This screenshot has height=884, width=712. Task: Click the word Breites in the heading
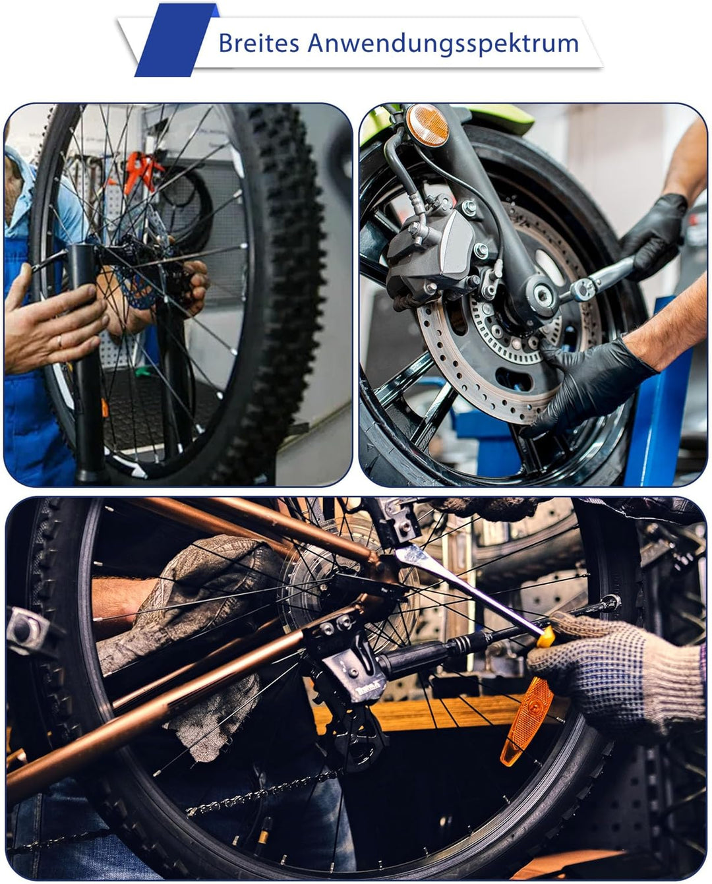[259, 43]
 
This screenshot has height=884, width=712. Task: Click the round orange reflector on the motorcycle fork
[427, 125]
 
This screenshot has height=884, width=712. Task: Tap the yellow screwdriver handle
[547, 636]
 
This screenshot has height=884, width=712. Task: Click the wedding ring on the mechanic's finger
[60, 341]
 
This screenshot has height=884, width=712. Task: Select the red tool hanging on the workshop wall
[141, 171]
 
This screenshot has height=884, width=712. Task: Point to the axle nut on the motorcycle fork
[543, 295]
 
